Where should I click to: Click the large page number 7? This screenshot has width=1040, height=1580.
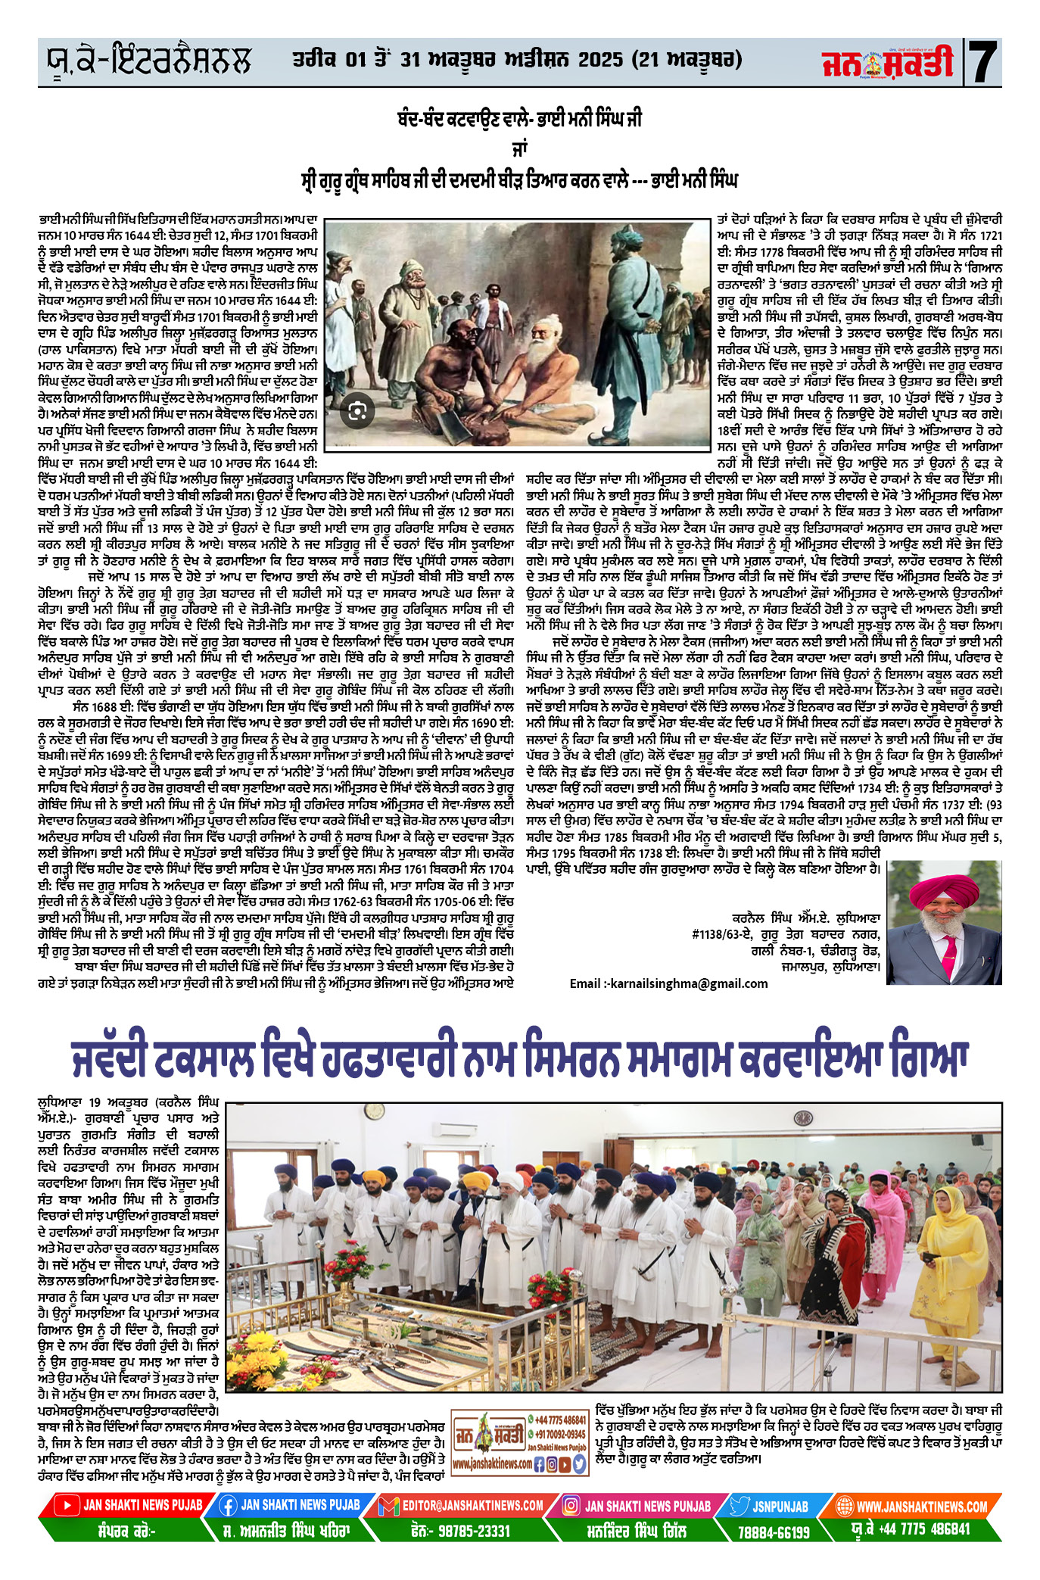[x=982, y=63]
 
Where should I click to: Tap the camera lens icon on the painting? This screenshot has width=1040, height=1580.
[x=358, y=411]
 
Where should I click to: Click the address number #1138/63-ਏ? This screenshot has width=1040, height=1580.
[x=718, y=934]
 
